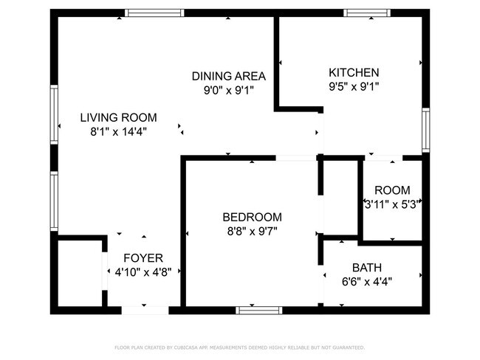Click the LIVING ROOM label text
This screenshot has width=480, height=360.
tap(118, 117)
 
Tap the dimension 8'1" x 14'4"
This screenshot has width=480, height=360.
tap(118, 132)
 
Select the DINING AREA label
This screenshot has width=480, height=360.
tap(228, 76)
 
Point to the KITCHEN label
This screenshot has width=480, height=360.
tap(354, 72)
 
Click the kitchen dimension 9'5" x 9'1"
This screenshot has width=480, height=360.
tap(354, 87)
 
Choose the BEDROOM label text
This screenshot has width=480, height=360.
tap(252, 217)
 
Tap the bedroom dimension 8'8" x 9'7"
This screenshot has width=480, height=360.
tap(252, 232)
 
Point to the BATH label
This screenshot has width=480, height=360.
tap(367, 267)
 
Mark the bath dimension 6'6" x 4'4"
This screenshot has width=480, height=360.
tap(367, 281)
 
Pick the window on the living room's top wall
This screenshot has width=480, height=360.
tap(154, 13)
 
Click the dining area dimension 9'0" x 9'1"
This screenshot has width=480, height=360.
tap(228, 91)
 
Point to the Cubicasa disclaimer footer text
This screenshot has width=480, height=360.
tap(239, 347)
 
